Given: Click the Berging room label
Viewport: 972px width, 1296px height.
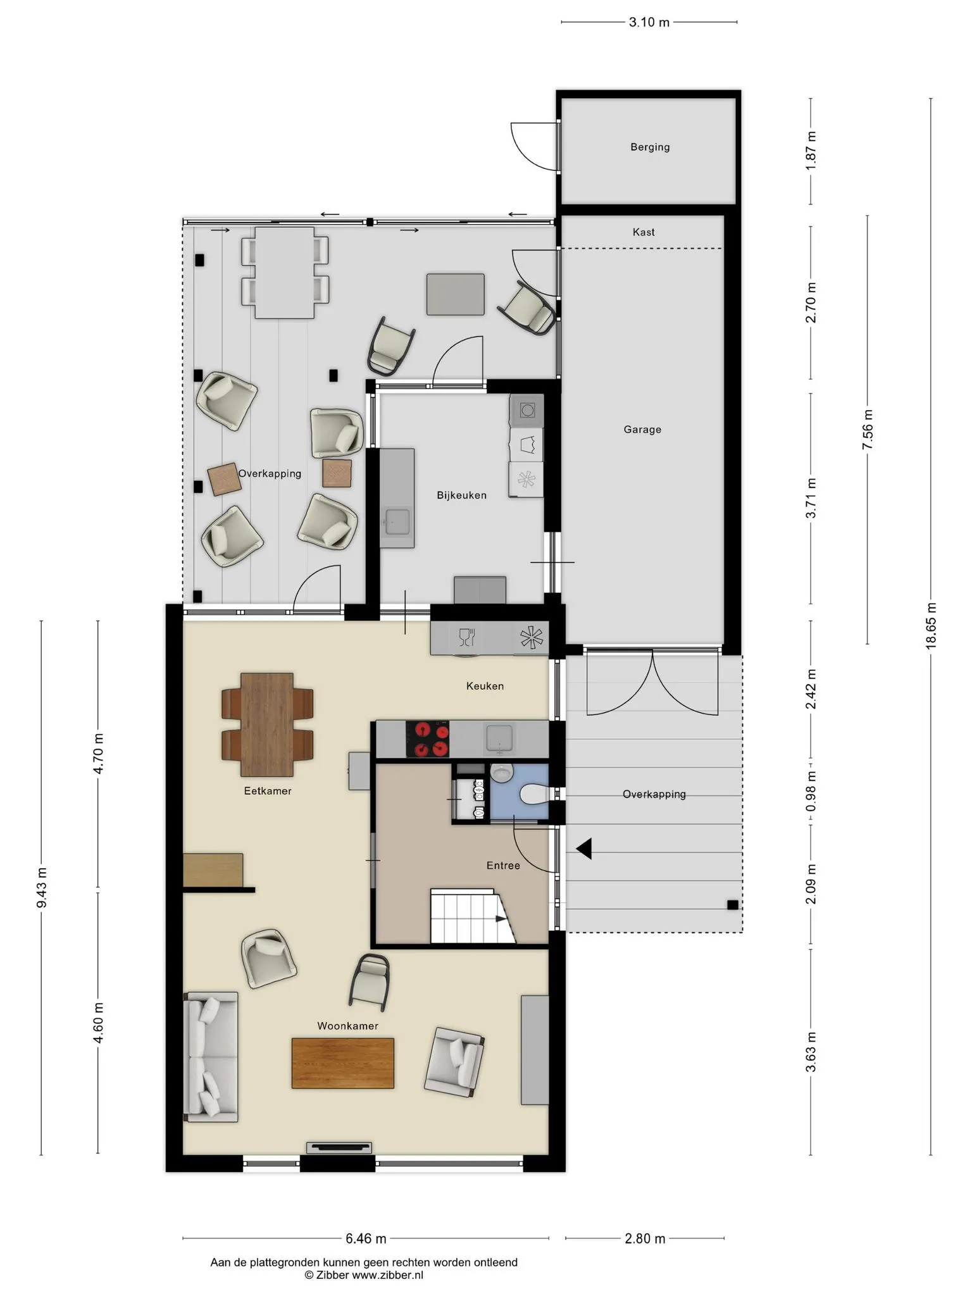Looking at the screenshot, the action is coord(650,147).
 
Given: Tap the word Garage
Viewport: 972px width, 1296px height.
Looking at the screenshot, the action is coord(642,429).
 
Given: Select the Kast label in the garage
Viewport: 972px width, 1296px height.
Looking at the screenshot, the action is coord(644,232).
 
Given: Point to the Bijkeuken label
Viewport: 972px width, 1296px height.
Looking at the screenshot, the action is coord(461,495).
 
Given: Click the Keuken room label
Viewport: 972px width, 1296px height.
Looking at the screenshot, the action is coord(485,685).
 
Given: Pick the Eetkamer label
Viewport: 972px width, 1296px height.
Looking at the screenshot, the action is coord(268,790).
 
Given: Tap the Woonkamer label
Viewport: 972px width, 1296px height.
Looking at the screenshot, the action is coord(347,1026).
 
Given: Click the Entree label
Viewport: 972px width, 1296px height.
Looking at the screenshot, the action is coord(503,865).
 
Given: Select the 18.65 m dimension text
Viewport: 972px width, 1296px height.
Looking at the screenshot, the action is coord(931,625).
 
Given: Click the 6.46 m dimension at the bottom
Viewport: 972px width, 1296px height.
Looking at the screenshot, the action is coord(366,1238).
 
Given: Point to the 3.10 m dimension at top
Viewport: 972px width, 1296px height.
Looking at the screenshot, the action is coord(649,22).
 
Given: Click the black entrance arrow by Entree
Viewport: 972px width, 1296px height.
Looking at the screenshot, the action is coord(584,849).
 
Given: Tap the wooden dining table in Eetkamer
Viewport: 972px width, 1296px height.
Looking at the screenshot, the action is coord(267,725).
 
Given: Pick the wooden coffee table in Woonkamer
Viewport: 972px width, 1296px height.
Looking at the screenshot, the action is coord(342,1063).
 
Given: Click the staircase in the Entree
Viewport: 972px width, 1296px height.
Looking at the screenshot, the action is coord(471,916).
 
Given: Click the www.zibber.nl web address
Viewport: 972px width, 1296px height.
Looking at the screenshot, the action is coord(387,1275).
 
